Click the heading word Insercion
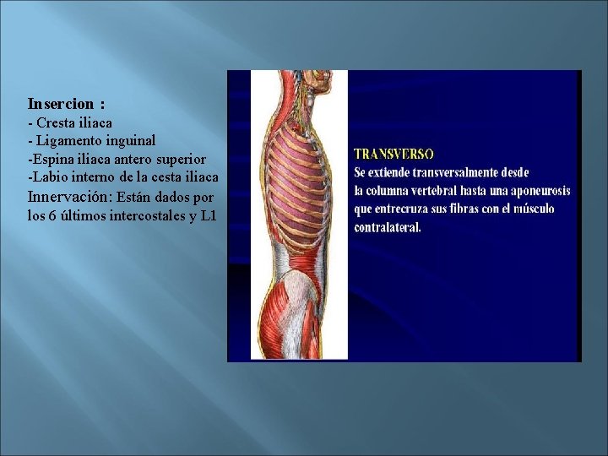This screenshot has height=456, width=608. point(61,105)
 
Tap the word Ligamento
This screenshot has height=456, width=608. point(70,141)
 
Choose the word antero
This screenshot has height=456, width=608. point(127,159)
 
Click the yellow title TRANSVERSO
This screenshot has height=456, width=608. point(394,155)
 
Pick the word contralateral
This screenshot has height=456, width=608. point(388,227)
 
